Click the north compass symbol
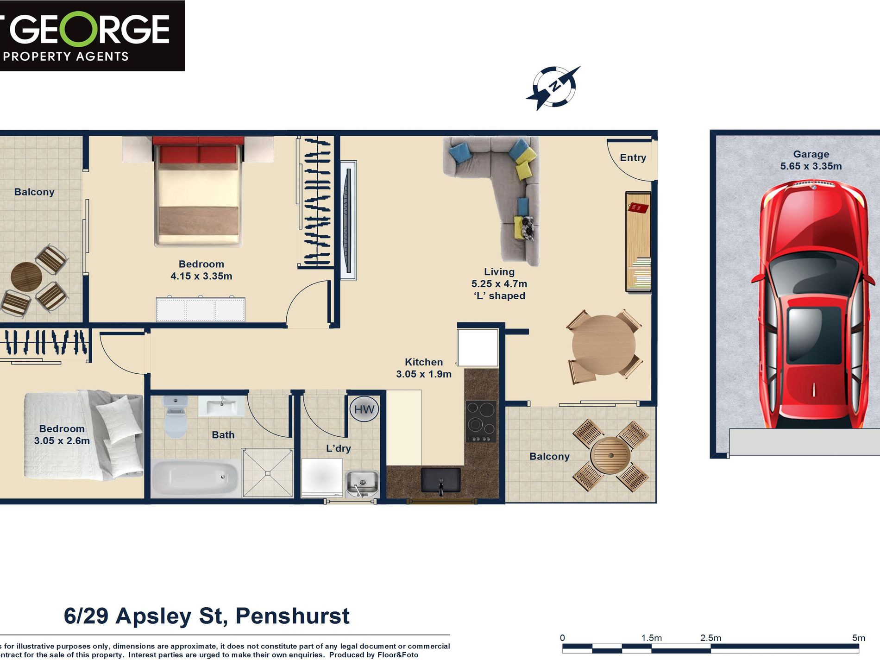pos(553,87)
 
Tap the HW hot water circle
pos(364,409)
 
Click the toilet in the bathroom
pos(175,417)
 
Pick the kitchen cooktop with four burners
pos(481,421)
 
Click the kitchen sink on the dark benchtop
pos(440,480)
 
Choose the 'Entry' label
pos(633,157)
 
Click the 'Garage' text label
pos(811,154)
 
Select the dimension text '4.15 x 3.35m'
pos(201,276)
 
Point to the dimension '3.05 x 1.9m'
pos(423,374)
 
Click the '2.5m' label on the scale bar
pos(710,638)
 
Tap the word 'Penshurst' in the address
pos(292,616)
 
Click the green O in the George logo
pos(79,29)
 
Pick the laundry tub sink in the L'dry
pos(362,483)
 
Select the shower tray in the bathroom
pos(268,473)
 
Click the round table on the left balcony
pos(26,277)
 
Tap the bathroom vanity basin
pos(221,407)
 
